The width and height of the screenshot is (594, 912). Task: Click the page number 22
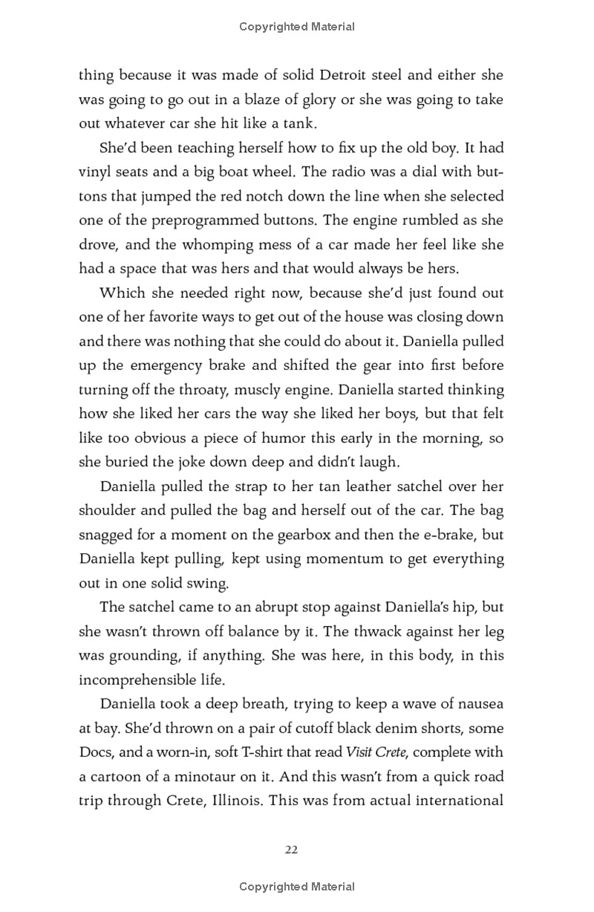tap(291, 850)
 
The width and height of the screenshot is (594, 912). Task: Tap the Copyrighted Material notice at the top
tap(297, 27)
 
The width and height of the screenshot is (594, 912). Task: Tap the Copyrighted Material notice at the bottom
tap(297, 886)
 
